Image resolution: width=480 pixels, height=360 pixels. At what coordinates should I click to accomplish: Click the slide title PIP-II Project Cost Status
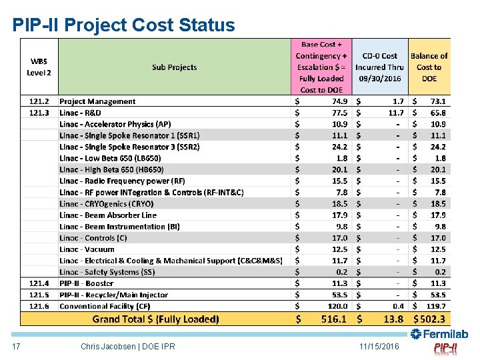point(123,25)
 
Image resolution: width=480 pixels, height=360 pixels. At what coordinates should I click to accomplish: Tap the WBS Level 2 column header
point(39,67)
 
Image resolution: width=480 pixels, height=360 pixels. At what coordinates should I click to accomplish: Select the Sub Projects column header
point(175,67)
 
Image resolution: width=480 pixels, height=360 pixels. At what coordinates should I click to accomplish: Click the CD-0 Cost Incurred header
point(380,67)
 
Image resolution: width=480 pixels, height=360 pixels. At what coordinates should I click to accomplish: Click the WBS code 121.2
point(39,102)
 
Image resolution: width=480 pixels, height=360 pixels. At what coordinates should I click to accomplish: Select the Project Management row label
point(97,102)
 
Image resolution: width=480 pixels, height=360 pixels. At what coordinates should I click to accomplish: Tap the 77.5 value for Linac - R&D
point(338,113)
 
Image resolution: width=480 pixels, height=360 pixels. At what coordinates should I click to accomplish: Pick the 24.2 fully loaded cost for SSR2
point(338,147)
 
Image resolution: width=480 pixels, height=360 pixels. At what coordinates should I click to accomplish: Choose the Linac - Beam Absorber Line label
point(108,215)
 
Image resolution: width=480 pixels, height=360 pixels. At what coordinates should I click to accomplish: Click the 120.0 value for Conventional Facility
point(337,306)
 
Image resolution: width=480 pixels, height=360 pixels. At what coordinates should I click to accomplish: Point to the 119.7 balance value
point(436,306)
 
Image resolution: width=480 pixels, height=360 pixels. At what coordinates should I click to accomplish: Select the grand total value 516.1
point(334,319)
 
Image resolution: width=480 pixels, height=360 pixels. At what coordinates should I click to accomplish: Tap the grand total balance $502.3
point(430,319)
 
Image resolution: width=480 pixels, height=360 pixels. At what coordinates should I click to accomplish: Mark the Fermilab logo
point(439,334)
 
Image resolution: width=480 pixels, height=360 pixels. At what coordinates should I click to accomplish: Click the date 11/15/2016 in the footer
point(378,347)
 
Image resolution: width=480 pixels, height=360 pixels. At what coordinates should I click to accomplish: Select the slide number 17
point(17,347)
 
